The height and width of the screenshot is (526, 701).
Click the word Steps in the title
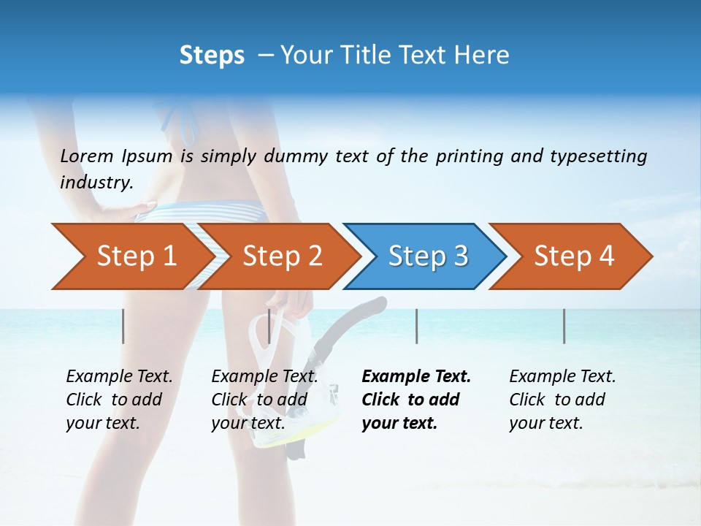(x=212, y=56)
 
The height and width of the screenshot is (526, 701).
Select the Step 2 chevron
(x=282, y=256)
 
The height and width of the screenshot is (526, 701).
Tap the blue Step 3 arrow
(x=427, y=256)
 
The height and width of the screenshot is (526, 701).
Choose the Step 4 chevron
(x=573, y=256)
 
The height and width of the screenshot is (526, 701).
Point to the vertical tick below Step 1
(x=123, y=326)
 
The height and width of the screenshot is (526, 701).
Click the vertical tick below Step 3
(x=417, y=326)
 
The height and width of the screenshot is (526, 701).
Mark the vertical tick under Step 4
(x=564, y=326)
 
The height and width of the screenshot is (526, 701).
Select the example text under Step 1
(x=118, y=400)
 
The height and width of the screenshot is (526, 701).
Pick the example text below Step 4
(x=562, y=400)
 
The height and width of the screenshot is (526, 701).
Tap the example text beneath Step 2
(x=264, y=400)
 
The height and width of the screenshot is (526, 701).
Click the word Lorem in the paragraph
(x=87, y=156)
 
